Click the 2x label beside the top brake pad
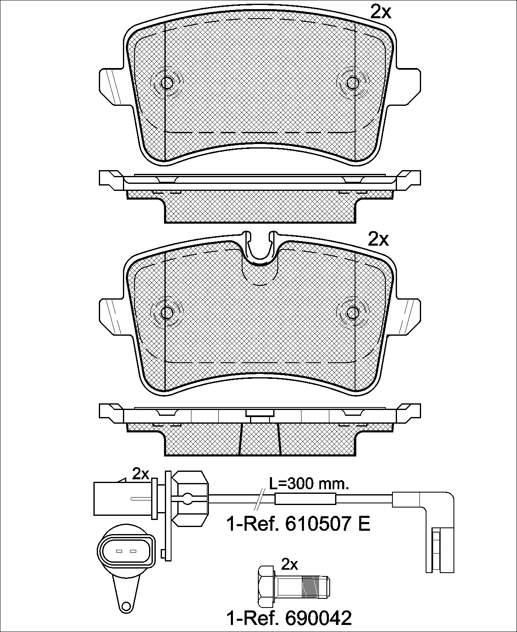[380, 12]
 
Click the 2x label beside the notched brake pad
[378, 239]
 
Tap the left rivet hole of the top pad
[167, 83]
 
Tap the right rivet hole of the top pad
[353, 83]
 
